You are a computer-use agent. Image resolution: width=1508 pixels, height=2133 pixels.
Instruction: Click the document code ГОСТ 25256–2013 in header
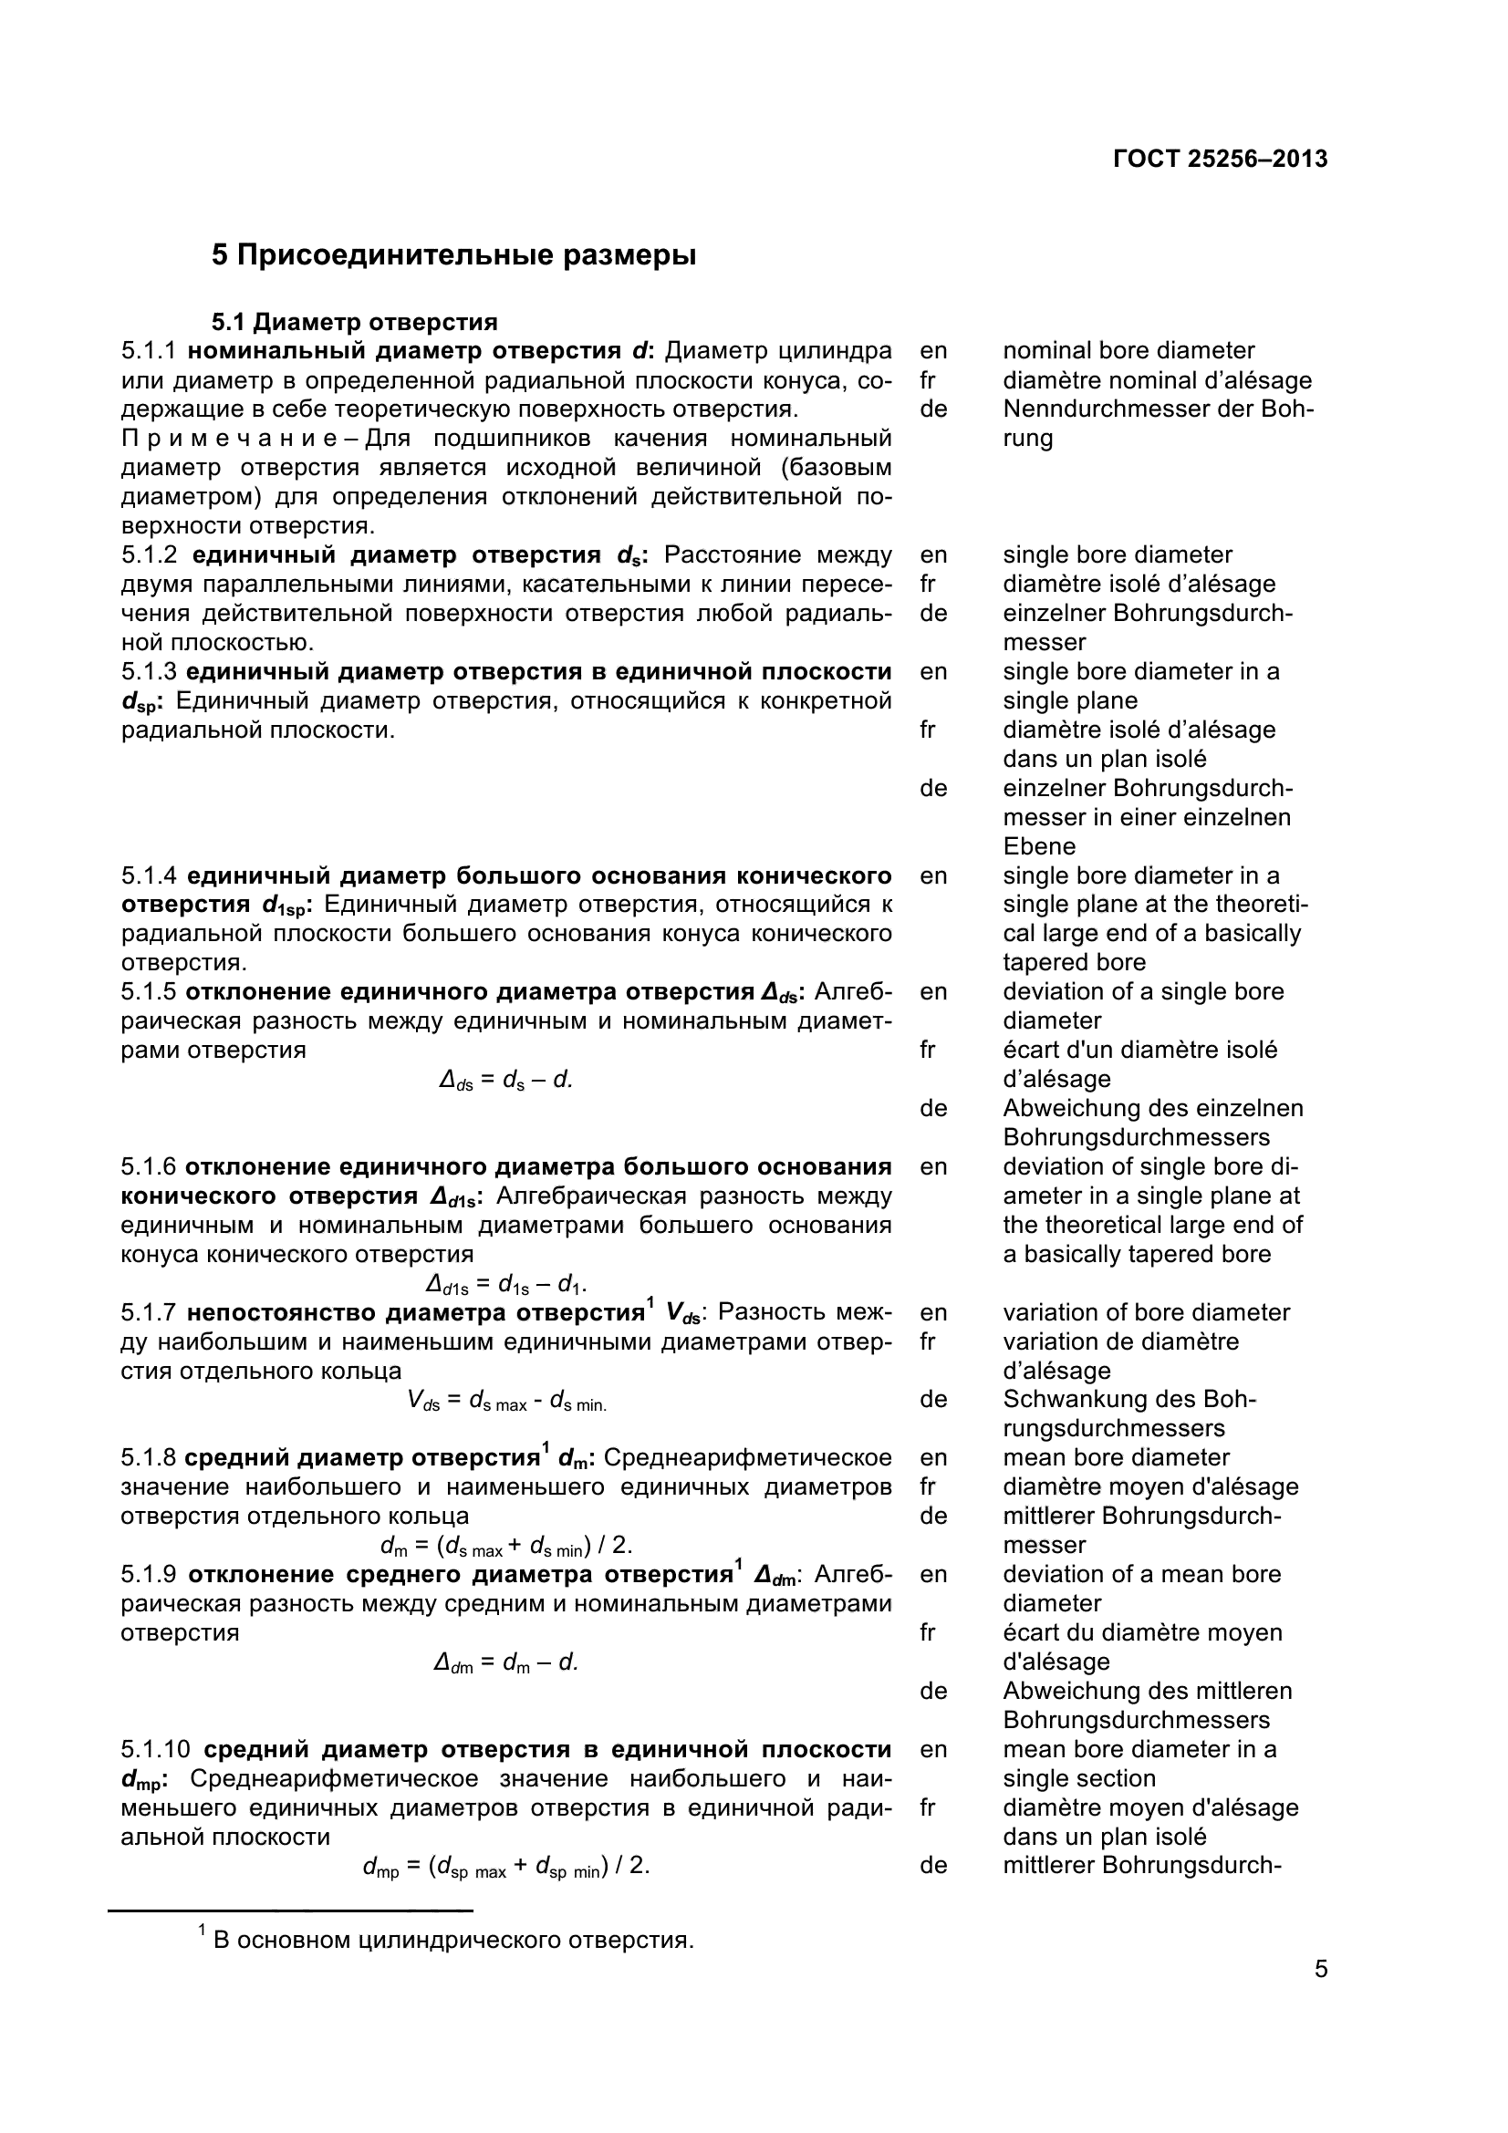pyautogui.click(x=1219, y=159)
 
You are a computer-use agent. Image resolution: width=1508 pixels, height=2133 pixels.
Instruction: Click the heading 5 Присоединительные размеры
pyautogui.click(x=453, y=254)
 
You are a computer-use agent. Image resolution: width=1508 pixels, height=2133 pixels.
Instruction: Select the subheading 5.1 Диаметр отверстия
pyautogui.click(x=354, y=322)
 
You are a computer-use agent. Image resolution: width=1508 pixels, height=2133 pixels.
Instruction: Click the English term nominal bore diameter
pyautogui.click(x=1128, y=351)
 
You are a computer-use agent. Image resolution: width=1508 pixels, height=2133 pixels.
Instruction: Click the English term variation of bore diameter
pyautogui.click(x=1146, y=1312)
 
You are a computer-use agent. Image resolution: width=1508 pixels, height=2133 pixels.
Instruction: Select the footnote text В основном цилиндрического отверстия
pyautogui.click(x=453, y=1941)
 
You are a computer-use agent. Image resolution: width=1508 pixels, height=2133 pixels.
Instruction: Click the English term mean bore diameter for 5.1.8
pyautogui.click(x=1115, y=1457)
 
